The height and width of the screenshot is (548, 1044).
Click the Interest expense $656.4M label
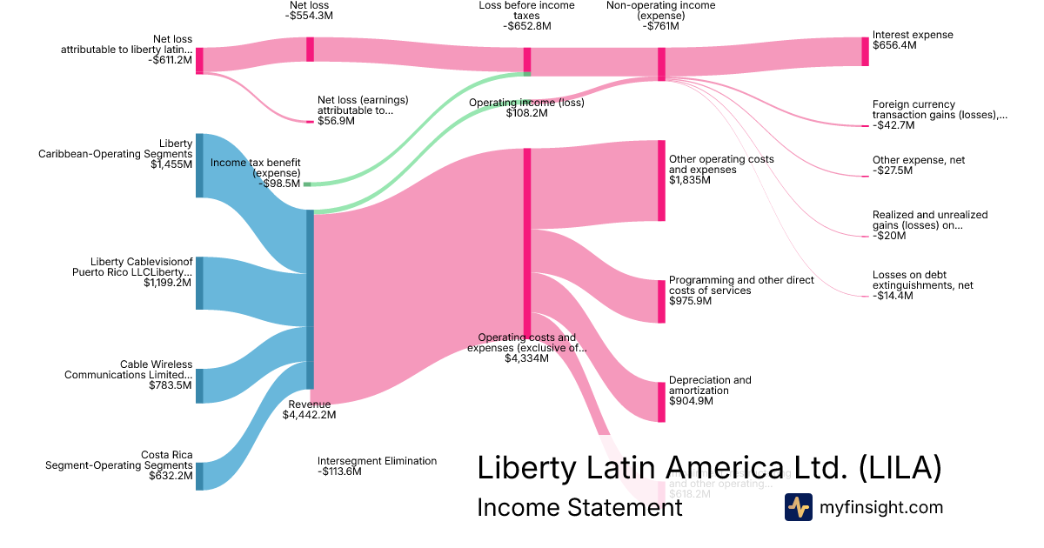(x=913, y=40)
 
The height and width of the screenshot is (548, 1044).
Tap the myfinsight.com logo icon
(x=798, y=506)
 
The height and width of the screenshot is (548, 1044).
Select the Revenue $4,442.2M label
(x=309, y=410)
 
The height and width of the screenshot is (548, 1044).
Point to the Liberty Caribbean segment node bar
(x=199, y=165)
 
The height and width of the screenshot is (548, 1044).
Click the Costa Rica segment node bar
(x=199, y=476)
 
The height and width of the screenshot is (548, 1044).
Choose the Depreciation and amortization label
(x=710, y=391)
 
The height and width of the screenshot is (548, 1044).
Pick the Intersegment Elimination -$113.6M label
(x=377, y=466)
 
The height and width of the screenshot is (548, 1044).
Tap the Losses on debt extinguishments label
(x=922, y=285)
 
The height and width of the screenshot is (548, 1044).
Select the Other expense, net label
(x=919, y=165)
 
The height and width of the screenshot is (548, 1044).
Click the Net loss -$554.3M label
(x=309, y=10)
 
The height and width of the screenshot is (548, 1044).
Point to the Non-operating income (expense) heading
(x=660, y=16)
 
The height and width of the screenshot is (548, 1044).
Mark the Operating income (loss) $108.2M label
(x=526, y=108)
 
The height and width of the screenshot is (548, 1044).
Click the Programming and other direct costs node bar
(x=662, y=301)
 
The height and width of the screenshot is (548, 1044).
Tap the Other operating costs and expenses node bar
(x=662, y=180)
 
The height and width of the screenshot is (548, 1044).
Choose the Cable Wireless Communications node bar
(x=199, y=385)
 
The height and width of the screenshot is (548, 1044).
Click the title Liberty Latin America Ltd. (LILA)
(x=709, y=468)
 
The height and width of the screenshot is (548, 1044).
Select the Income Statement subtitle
(x=579, y=507)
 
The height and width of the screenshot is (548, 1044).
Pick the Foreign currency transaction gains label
(x=940, y=115)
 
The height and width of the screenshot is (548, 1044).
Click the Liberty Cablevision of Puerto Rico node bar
(x=199, y=283)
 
